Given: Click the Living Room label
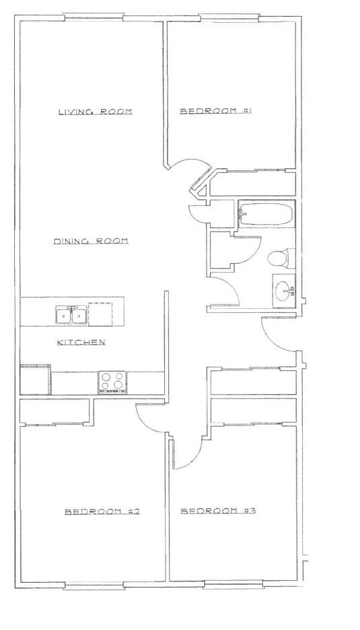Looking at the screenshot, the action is [x=96, y=112].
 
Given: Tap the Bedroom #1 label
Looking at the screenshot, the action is [x=215, y=111].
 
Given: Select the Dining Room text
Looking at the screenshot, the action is [x=91, y=241].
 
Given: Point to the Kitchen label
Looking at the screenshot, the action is [x=81, y=343].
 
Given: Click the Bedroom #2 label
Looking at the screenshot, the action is [x=102, y=512].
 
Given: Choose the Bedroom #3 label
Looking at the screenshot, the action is [x=218, y=511].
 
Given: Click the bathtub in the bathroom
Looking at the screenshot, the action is [x=266, y=214].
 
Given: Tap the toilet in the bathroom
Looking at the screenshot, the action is [x=281, y=258].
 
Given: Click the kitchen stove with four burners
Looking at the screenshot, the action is [x=112, y=382].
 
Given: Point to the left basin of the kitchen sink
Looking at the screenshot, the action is [x=63, y=316].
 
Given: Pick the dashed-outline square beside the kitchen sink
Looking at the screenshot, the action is [x=100, y=314].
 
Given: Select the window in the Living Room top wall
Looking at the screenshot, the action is [x=94, y=17].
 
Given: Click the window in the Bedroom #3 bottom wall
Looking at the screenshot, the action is [x=233, y=584].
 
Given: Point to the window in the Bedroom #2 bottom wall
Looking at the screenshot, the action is [x=94, y=585].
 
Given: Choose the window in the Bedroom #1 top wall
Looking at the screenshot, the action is [x=229, y=17].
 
